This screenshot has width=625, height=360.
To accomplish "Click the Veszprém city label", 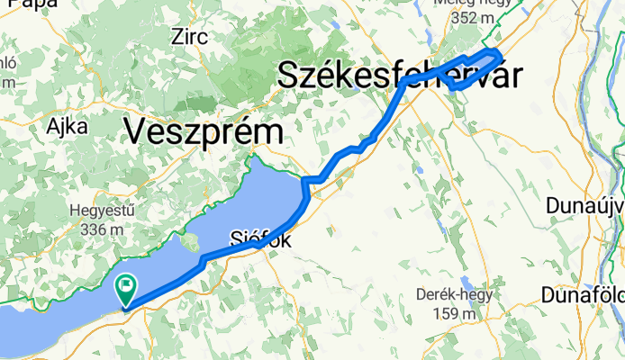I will click(x=204, y=132).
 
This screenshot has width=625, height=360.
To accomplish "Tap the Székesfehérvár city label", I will click(x=399, y=76).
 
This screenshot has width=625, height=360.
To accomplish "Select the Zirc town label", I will click(x=189, y=37).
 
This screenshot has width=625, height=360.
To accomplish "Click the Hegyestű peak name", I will click(x=102, y=211).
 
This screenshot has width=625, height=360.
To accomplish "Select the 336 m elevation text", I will click(x=102, y=229).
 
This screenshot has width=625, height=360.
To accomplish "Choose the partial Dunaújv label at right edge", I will click(x=585, y=205).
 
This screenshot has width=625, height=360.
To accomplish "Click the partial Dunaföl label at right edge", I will click(x=584, y=294).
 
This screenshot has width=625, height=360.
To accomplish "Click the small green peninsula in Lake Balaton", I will click(x=190, y=241).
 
